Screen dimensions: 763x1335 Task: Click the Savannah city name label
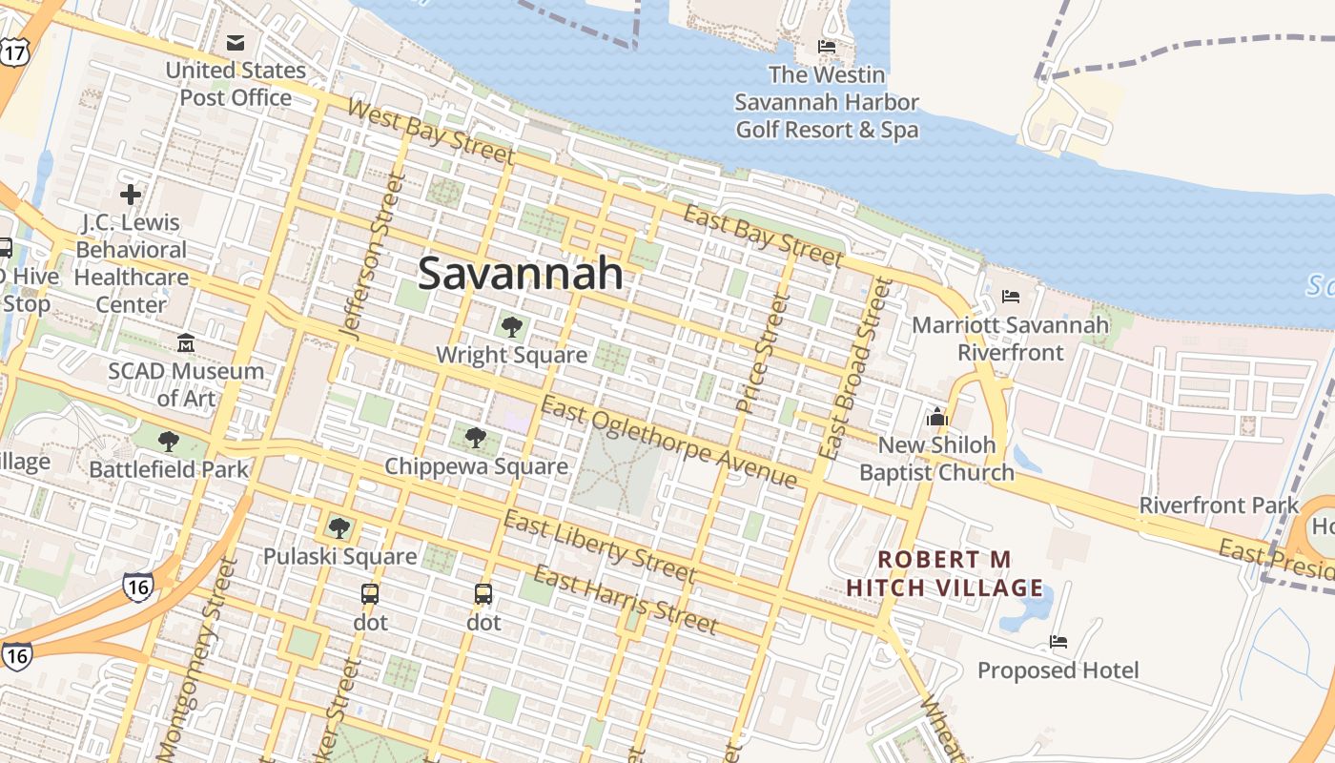pyautogui.click(x=521, y=274)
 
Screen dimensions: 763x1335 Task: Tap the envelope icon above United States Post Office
pyautogui.click(x=236, y=42)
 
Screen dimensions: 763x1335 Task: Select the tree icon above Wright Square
pyautogui.click(x=512, y=327)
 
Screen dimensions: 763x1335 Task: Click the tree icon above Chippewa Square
pyautogui.click(x=475, y=438)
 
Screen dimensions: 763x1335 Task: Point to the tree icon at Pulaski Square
pyautogui.click(x=339, y=527)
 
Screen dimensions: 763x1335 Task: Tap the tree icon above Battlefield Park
pyautogui.click(x=169, y=441)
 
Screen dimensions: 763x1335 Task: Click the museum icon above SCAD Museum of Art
pyautogui.click(x=186, y=342)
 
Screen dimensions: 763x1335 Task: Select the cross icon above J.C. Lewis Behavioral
pyautogui.click(x=131, y=195)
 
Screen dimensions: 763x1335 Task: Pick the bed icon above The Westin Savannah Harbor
pyautogui.click(x=827, y=46)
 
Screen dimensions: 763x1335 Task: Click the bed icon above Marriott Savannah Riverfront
pyautogui.click(x=1011, y=297)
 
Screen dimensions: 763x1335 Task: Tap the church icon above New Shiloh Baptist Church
pyautogui.click(x=936, y=417)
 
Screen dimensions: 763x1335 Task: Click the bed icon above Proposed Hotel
pyautogui.click(x=1058, y=642)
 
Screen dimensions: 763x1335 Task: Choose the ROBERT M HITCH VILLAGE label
pyautogui.click(x=944, y=573)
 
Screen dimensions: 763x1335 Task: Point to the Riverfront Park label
pyautogui.click(x=1219, y=505)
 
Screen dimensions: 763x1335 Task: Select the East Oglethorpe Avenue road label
pyautogui.click(x=667, y=443)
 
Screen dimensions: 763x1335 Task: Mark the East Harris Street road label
pyautogui.click(x=625, y=600)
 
